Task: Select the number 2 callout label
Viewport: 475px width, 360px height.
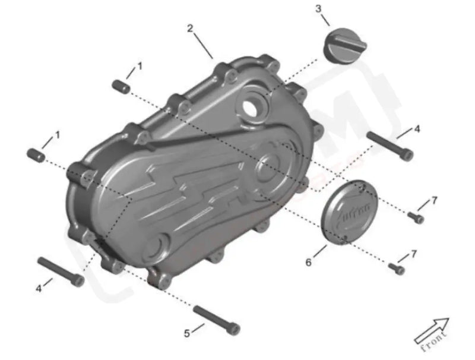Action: pyautogui.click(x=190, y=28)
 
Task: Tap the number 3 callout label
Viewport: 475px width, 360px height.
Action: pyautogui.click(x=319, y=8)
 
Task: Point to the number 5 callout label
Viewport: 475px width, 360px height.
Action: pyautogui.click(x=186, y=333)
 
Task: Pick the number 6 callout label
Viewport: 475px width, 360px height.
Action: pyautogui.click(x=308, y=261)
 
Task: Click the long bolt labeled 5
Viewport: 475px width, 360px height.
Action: pyautogui.click(x=217, y=318)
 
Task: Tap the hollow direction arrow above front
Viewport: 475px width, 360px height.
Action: pyautogui.click(x=432, y=327)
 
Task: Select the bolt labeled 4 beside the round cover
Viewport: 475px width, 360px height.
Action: pyautogui.click(x=389, y=146)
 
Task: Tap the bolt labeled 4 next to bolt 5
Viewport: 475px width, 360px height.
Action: pyautogui.click(x=60, y=271)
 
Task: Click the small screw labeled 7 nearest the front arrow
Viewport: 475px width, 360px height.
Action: pyautogui.click(x=396, y=269)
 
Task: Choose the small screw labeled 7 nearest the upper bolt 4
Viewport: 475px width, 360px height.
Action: pyautogui.click(x=416, y=217)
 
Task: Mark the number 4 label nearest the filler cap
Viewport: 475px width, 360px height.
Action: pyautogui.click(x=417, y=128)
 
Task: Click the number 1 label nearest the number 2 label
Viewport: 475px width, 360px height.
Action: pyautogui.click(x=140, y=66)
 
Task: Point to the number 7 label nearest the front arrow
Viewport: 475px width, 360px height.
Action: pyautogui.click(x=414, y=254)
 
